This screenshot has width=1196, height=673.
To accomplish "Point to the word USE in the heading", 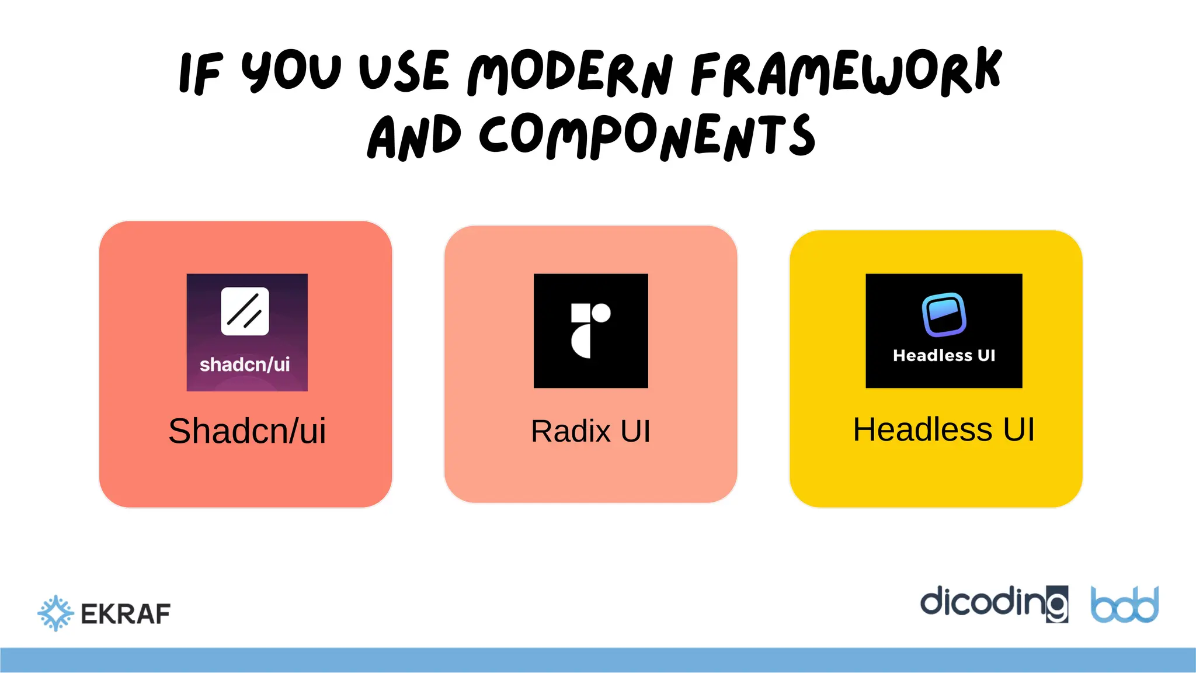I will [404, 72].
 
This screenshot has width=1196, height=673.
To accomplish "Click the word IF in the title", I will [200, 73].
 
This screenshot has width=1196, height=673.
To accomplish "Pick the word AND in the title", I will [413, 137].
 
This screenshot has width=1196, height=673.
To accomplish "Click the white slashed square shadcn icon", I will [245, 311].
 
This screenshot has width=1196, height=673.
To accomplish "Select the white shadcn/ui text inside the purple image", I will [245, 365].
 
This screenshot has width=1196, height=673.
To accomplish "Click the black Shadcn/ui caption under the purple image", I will [247, 431].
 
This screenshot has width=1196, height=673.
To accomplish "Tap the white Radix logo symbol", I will [590, 330].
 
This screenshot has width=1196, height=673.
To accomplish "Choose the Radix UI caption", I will [590, 431].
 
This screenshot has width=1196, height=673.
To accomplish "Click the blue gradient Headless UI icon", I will [944, 315].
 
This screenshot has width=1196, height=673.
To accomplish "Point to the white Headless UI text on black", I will [944, 355].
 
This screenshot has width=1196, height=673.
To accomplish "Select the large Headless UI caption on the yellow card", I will [944, 430].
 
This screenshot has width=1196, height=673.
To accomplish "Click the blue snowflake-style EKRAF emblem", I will [55, 613].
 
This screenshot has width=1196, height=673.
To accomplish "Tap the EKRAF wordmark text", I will [126, 614].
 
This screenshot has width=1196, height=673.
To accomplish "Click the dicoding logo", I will [993, 603].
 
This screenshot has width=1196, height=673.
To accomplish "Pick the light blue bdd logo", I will [1124, 605].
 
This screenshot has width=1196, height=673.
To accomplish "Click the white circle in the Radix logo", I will [601, 313].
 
